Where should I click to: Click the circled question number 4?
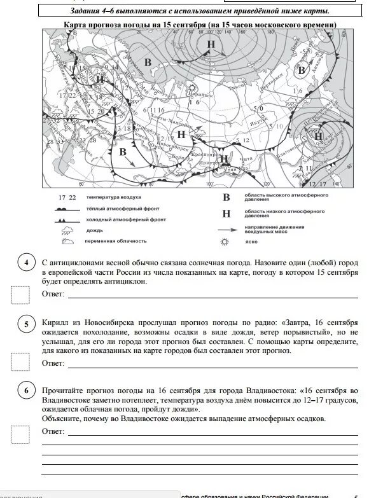click(26, 263)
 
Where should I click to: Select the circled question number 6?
click(26, 390)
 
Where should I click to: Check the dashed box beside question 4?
click(20, 294)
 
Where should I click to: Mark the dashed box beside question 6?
click(20, 433)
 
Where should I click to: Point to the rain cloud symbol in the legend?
click(66, 230)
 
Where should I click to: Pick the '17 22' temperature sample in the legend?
click(67, 198)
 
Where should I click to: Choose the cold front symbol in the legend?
click(66, 219)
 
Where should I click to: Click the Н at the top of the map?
click(211, 44)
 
